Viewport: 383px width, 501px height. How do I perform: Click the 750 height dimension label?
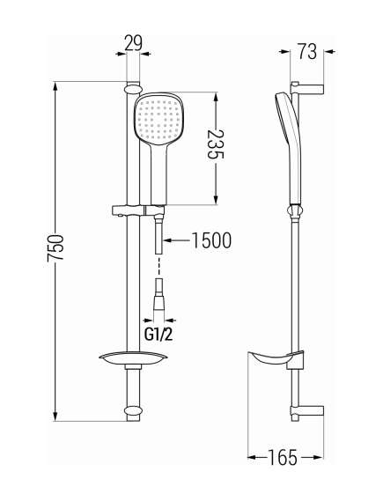[55, 248]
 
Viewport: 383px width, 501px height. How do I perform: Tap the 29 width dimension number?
[133, 43]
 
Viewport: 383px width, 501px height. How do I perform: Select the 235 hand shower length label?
[216, 144]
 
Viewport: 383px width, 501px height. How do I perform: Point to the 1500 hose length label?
[211, 240]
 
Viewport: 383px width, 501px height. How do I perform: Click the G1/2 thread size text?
[158, 335]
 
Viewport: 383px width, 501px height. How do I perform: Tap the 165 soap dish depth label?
[283, 457]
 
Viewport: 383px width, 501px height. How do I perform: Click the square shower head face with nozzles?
[158, 117]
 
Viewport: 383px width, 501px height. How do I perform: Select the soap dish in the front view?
[133, 359]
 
